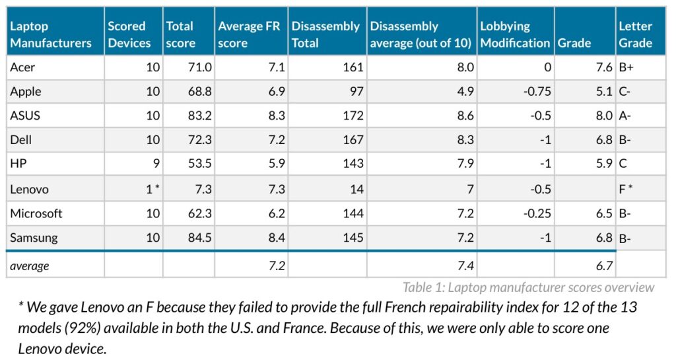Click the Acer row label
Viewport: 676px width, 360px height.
[22, 67]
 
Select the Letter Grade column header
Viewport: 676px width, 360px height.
[635, 34]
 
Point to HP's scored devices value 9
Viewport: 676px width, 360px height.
[155, 164]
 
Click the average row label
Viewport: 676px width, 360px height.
[30, 266]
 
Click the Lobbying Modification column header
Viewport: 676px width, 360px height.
[514, 34]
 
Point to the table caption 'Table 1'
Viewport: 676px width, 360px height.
[528, 287]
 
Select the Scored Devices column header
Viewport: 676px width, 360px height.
[127, 34]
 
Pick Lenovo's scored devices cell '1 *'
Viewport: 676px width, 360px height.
[152, 190]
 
